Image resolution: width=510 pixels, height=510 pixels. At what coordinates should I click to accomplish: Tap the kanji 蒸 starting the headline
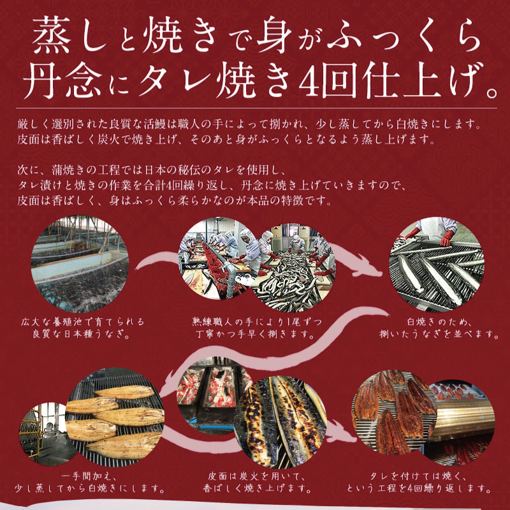(x=52, y=35)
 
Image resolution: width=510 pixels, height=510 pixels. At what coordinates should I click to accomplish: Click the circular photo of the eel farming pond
(x=80, y=264)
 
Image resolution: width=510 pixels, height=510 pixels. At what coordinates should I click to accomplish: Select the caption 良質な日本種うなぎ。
(x=82, y=335)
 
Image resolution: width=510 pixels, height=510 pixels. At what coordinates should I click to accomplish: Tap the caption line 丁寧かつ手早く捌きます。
(x=256, y=335)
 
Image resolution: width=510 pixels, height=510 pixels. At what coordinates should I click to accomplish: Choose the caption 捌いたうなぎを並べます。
(x=439, y=335)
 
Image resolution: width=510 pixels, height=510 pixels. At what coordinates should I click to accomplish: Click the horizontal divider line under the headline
(x=256, y=108)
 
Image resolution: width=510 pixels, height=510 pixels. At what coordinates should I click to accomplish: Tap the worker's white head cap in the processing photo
(x=245, y=233)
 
